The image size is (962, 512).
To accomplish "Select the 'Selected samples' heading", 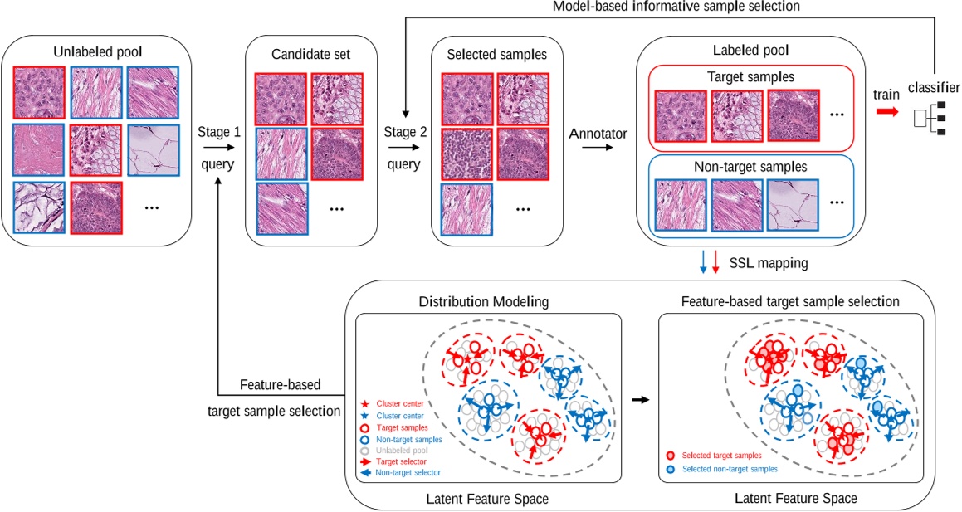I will click(x=497, y=55).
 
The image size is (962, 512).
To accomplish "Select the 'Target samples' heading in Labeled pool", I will click(x=752, y=77).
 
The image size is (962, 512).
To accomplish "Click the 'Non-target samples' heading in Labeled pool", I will click(x=752, y=165).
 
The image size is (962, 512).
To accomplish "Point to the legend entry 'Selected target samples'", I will click(x=720, y=456).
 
